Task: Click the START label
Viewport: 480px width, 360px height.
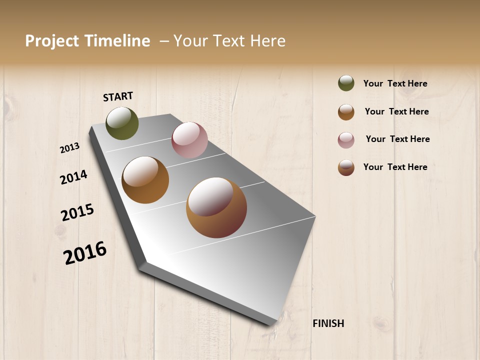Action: point(118,96)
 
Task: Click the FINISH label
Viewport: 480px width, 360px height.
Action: point(328,323)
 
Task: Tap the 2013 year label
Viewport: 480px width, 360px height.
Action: point(70,148)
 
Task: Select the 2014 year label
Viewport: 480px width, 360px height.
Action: point(74,177)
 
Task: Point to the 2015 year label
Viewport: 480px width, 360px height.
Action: point(77,212)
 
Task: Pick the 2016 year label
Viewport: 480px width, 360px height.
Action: point(85,252)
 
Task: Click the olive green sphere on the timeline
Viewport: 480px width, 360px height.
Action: point(122,123)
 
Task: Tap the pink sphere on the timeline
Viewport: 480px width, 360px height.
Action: point(189,140)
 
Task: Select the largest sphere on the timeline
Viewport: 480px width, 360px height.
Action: point(216,207)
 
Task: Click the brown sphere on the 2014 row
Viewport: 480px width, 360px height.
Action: point(145,180)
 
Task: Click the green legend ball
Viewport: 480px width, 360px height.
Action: point(346,83)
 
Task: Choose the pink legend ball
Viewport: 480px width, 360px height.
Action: point(346,140)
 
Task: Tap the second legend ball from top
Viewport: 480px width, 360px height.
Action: point(346,112)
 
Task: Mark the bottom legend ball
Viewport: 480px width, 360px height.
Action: point(346,168)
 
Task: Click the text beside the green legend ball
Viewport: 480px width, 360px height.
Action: point(395,83)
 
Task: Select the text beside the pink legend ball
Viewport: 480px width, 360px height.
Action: point(397,139)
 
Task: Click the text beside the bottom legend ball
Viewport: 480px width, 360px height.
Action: point(395,167)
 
